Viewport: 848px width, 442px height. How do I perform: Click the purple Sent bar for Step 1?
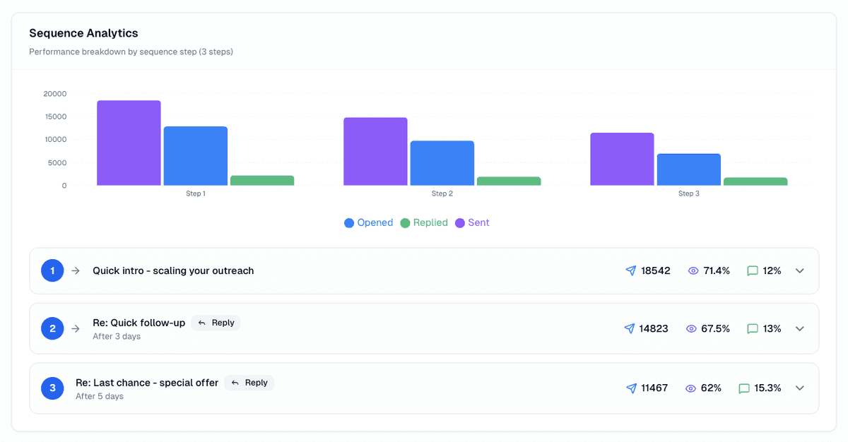coord(129,143)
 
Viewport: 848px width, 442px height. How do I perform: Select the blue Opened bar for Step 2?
coord(442,163)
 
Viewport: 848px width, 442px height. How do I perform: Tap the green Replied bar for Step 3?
coord(755,181)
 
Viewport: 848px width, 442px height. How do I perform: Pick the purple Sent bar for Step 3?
coord(622,159)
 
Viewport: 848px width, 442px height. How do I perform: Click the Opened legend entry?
coord(368,222)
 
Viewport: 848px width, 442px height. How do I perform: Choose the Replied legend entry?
coord(424,222)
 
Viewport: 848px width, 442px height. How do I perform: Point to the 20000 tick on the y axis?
coord(55,94)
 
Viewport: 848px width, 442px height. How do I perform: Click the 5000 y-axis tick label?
coord(57,162)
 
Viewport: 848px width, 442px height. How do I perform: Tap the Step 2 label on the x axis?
coord(442,193)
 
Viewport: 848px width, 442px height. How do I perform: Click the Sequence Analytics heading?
coord(83,33)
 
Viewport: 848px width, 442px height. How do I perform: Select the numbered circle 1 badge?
coord(52,270)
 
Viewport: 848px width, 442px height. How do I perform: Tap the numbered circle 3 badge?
coord(52,388)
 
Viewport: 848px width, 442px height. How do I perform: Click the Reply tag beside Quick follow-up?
coord(216,323)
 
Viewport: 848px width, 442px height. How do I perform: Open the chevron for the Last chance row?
coord(800,388)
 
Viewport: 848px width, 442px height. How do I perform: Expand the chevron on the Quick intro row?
coord(800,270)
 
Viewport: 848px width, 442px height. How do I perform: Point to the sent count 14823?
coord(654,328)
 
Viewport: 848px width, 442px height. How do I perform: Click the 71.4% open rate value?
coord(717,270)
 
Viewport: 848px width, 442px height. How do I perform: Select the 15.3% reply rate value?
coord(767,388)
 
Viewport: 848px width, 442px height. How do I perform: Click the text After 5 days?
coord(100,396)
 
